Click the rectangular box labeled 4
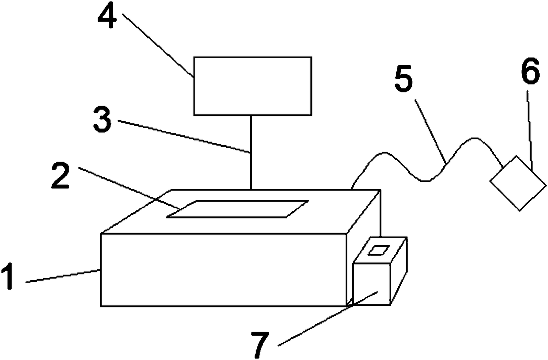253,86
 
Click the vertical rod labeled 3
251,153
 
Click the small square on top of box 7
377,250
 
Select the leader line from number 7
327,318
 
